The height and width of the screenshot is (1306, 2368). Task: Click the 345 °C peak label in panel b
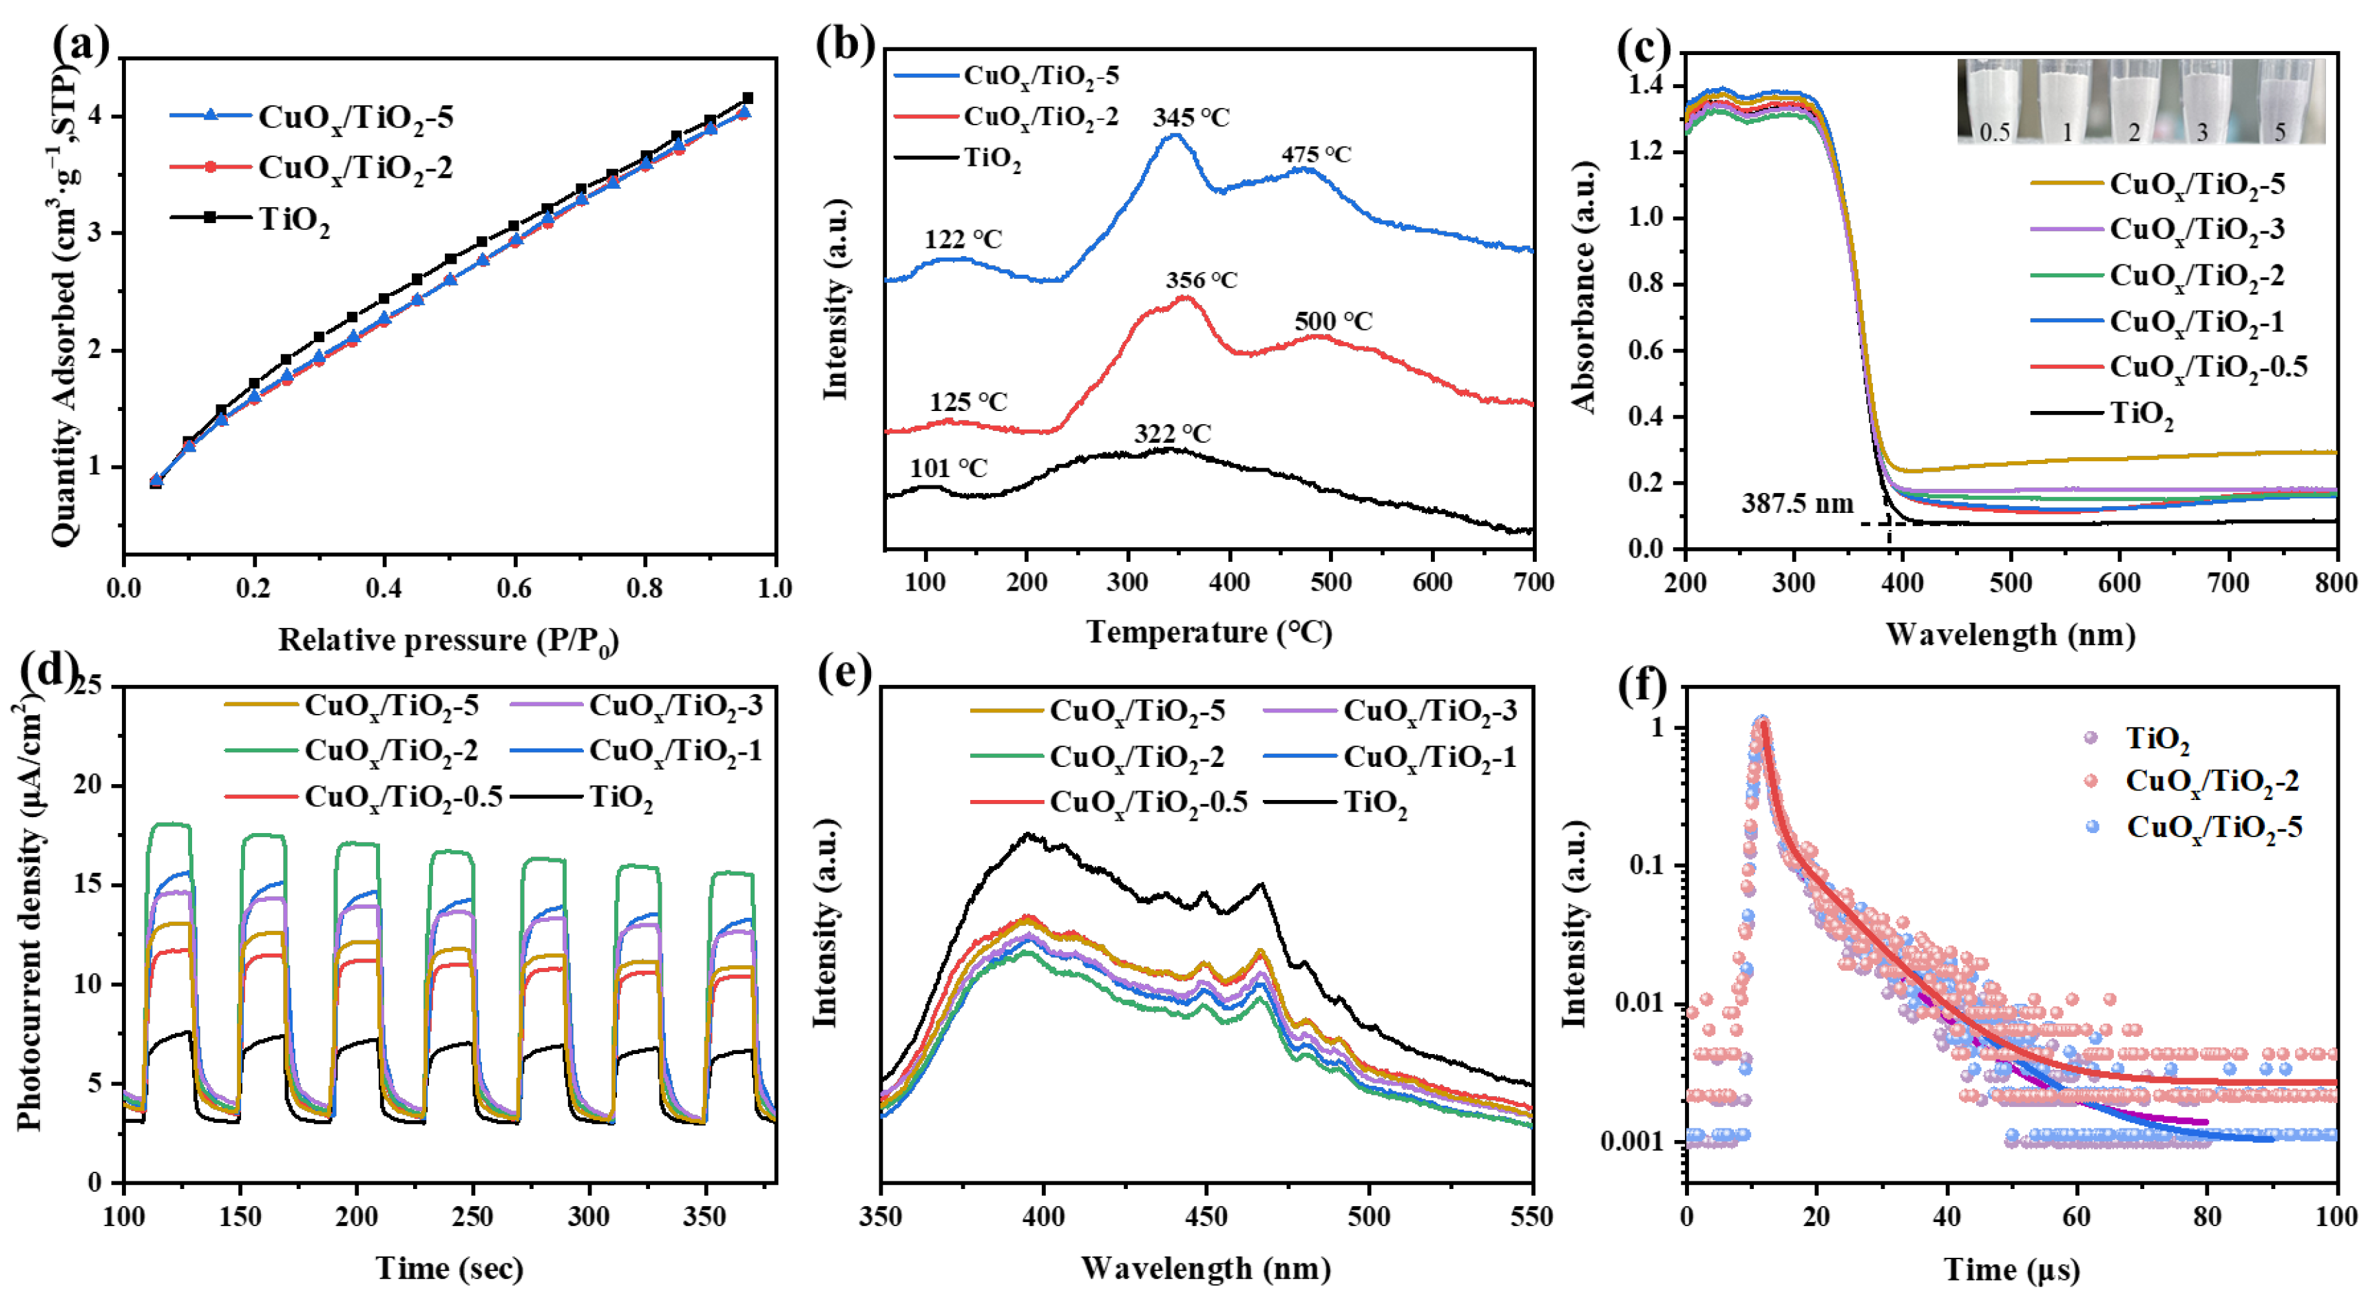[1191, 118]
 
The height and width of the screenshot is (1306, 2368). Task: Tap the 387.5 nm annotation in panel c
[1797, 504]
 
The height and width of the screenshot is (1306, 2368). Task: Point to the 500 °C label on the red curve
[1333, 322]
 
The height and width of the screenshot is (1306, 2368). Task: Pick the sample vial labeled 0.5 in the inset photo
[1993, 101]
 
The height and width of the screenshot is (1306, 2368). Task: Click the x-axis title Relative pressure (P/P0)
[448, 640]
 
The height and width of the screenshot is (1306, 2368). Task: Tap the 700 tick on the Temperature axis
[1532, 582]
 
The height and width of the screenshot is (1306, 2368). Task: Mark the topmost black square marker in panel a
[747, 98]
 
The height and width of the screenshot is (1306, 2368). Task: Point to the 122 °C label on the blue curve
[963, 240]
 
